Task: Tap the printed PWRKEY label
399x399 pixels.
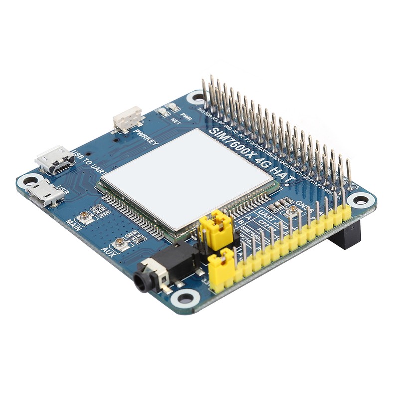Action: (146, 136)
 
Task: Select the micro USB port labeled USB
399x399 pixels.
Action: (45, 193)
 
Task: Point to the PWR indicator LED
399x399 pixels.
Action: (173, 107)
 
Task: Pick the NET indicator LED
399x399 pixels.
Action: (163, 112)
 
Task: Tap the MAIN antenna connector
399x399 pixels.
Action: (86, 216)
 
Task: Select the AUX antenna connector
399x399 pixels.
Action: (120, 244)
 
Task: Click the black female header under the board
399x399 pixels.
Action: (345, 234)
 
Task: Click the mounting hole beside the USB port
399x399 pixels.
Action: (28, 181)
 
